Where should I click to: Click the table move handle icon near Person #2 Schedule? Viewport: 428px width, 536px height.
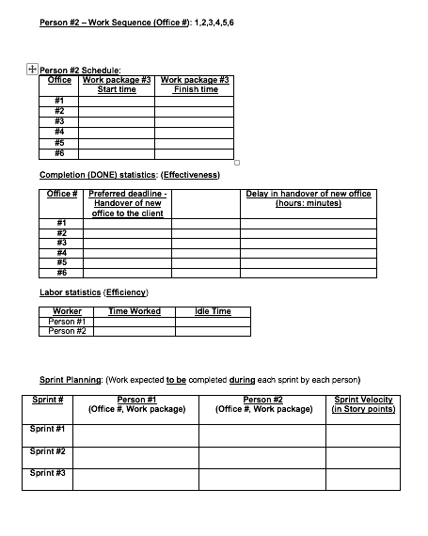coord(32,68)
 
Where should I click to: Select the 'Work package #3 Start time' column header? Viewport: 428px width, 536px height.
coord(117,85)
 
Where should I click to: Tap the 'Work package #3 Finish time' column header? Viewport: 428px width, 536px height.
coord(195,85)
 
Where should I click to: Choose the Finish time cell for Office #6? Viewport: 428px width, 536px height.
coord(195,152)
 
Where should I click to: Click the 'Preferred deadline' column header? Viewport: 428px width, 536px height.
coord(127,203)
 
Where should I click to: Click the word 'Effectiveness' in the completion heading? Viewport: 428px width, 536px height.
coord(191,175)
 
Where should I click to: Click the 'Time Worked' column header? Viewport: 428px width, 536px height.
coord(135,311)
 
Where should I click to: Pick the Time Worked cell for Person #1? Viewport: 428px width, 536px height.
coord(135,322)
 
